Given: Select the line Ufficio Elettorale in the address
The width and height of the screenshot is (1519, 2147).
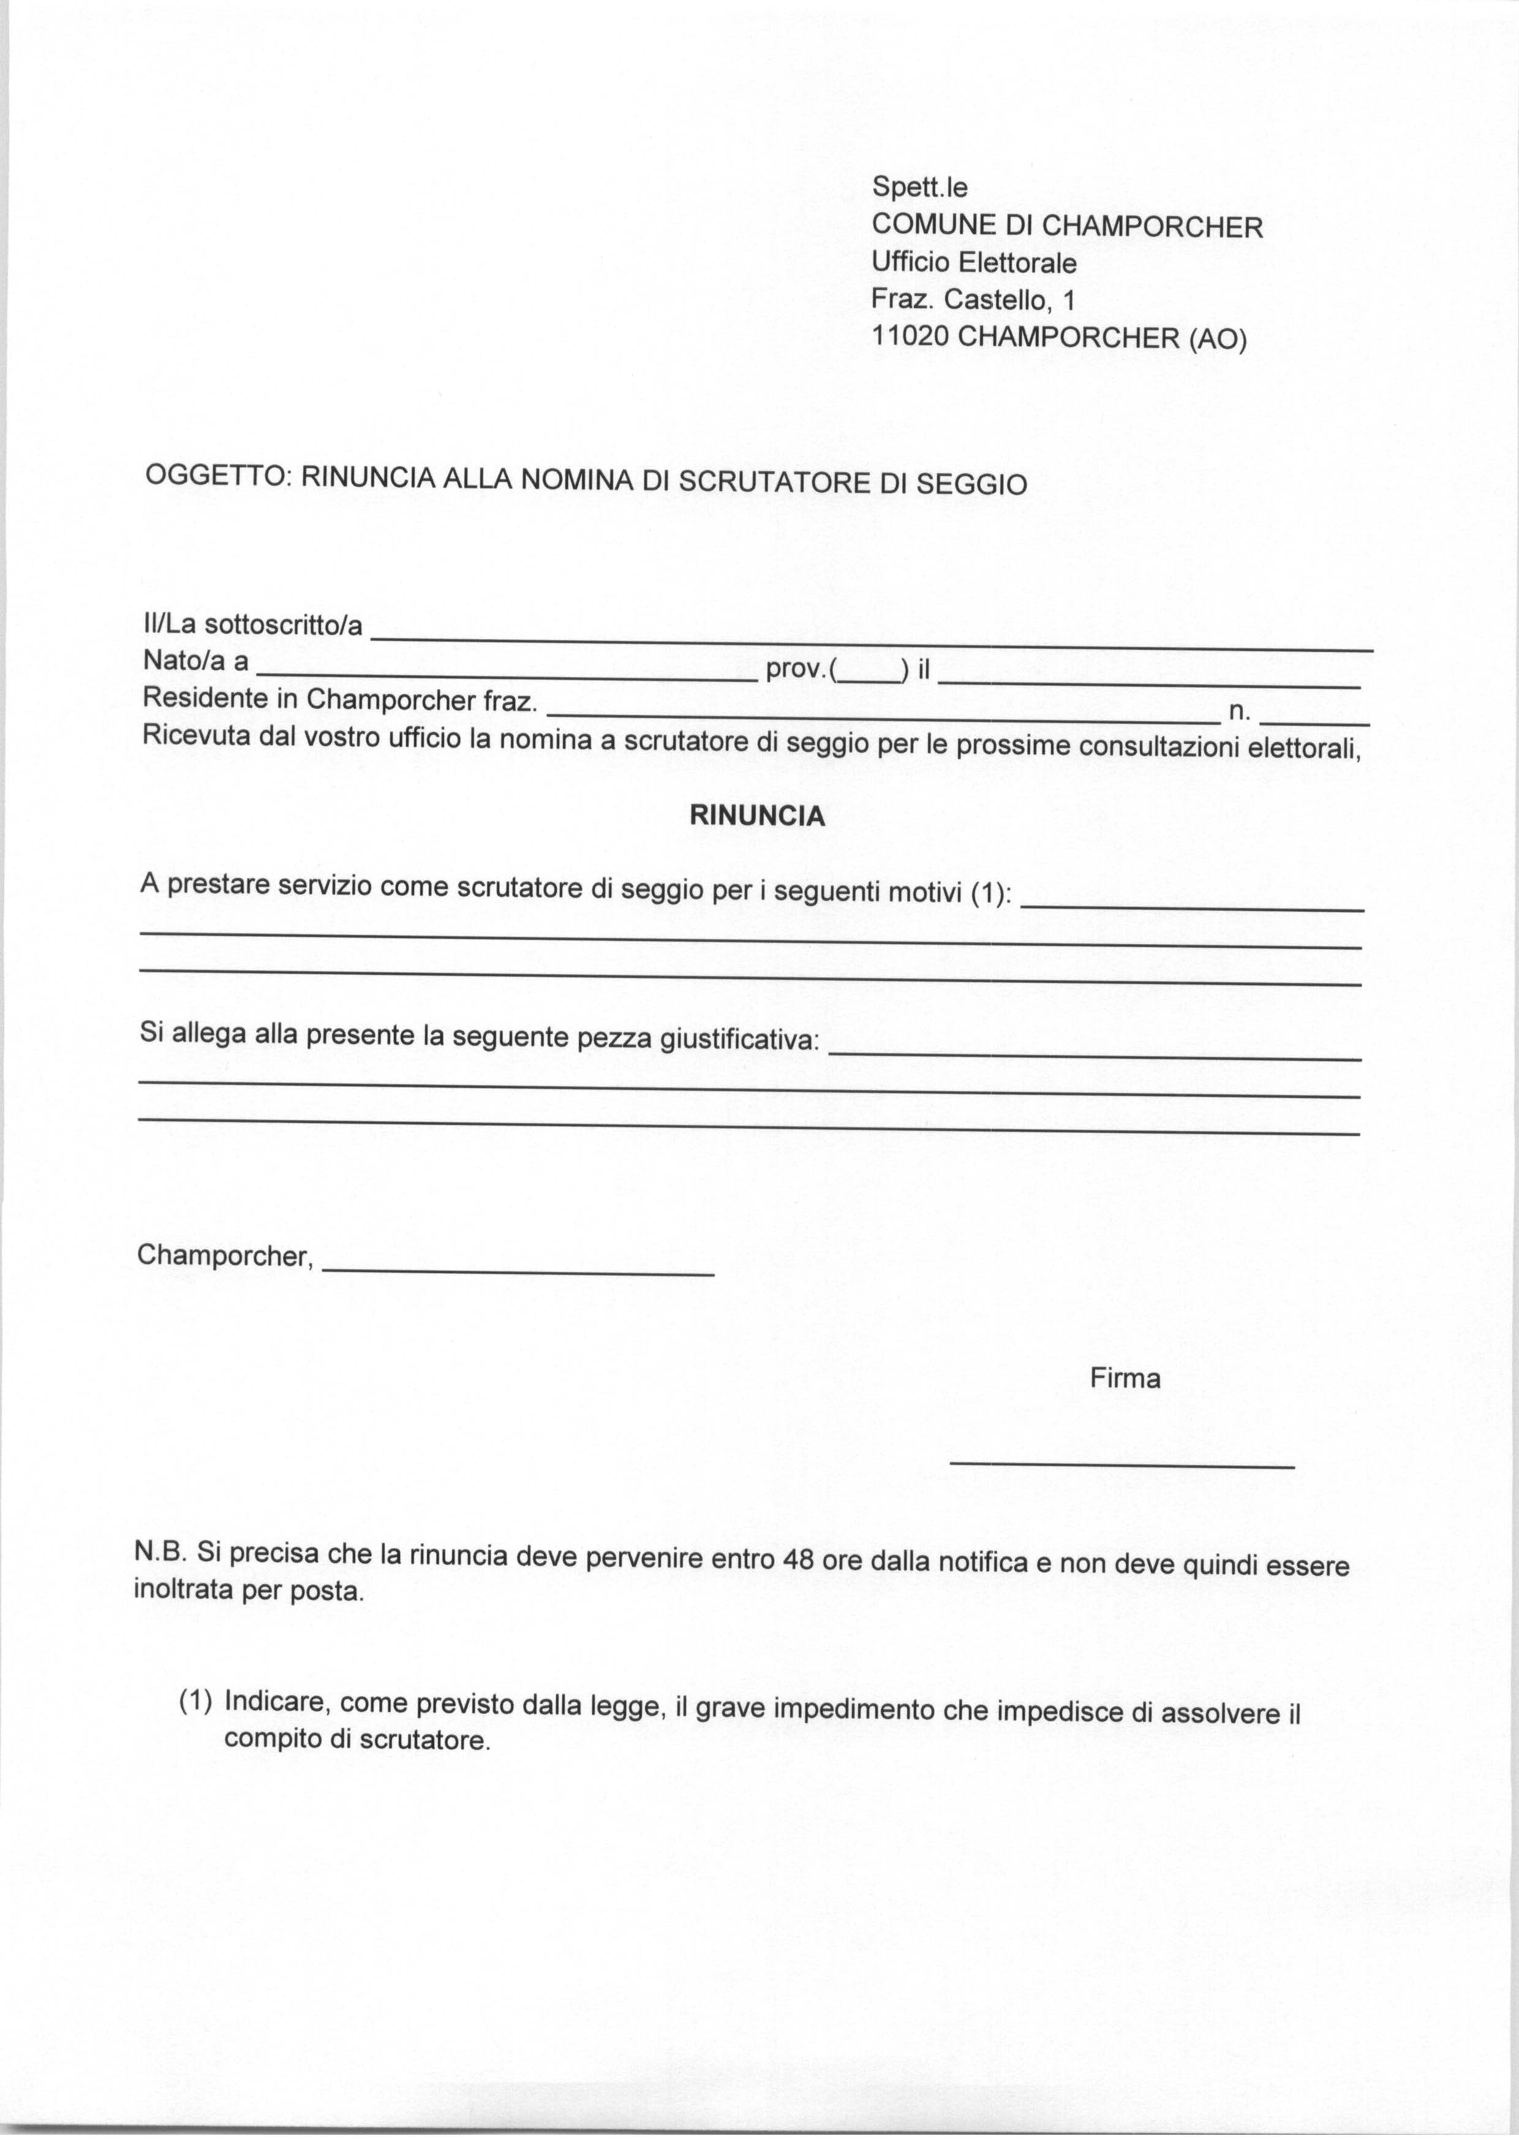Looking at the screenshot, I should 974,263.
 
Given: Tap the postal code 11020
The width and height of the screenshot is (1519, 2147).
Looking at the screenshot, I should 911,337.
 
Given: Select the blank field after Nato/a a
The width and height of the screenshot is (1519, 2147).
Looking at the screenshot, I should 506,675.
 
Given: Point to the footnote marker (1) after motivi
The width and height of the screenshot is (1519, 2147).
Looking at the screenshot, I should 990,895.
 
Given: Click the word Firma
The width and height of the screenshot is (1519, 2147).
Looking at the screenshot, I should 1125,1379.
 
